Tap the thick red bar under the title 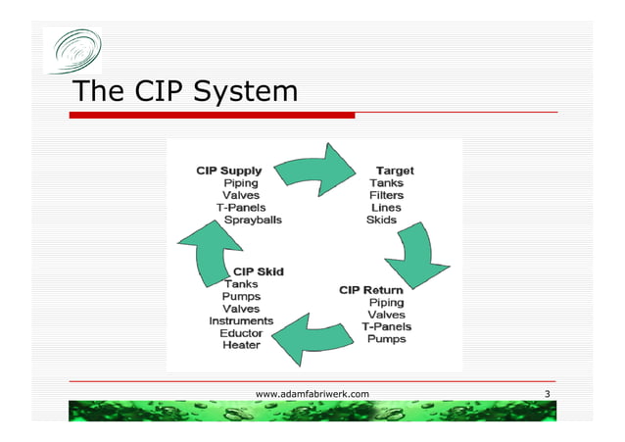click(212, 115)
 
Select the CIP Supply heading click(228, 170)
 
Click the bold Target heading click(395, 170)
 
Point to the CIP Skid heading click(259, 270)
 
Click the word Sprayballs click(253, 221)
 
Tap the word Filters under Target click(386, 195)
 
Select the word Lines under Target click(385, 208)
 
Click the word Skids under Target click(381, 221)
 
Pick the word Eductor click(241, 333)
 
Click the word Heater click(241, 346)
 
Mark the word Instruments click(241, 320)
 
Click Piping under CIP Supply click(241, 182)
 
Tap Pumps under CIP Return click(387, 339)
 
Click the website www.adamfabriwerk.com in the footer click(312, 393)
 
